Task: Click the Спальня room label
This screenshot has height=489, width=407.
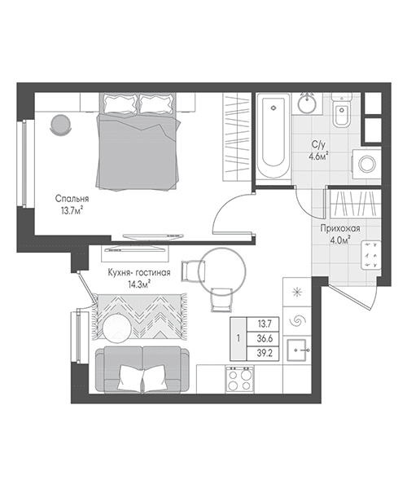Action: (72, 199)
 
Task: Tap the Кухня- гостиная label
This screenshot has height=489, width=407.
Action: (139, 272)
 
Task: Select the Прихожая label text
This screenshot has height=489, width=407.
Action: (340, 228)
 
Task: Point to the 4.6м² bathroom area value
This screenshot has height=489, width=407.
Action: (319, 156)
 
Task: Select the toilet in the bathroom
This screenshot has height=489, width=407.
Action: (342, 109)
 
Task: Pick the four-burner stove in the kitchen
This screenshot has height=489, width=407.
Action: (239, 379)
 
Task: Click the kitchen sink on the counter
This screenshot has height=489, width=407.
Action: (297, 350)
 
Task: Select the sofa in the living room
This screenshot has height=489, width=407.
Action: (142, 369)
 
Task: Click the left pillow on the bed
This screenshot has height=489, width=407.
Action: (120, 104)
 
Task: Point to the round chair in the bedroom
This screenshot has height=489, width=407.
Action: (60, 125)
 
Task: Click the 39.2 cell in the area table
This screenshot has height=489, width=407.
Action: (265, 354)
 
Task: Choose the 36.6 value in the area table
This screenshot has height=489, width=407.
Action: (265, 339)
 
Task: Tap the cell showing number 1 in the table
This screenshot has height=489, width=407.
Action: (239, 339)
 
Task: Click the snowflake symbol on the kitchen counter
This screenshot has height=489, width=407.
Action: (297, 292)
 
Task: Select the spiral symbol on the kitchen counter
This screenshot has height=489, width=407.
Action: (297, 320)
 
